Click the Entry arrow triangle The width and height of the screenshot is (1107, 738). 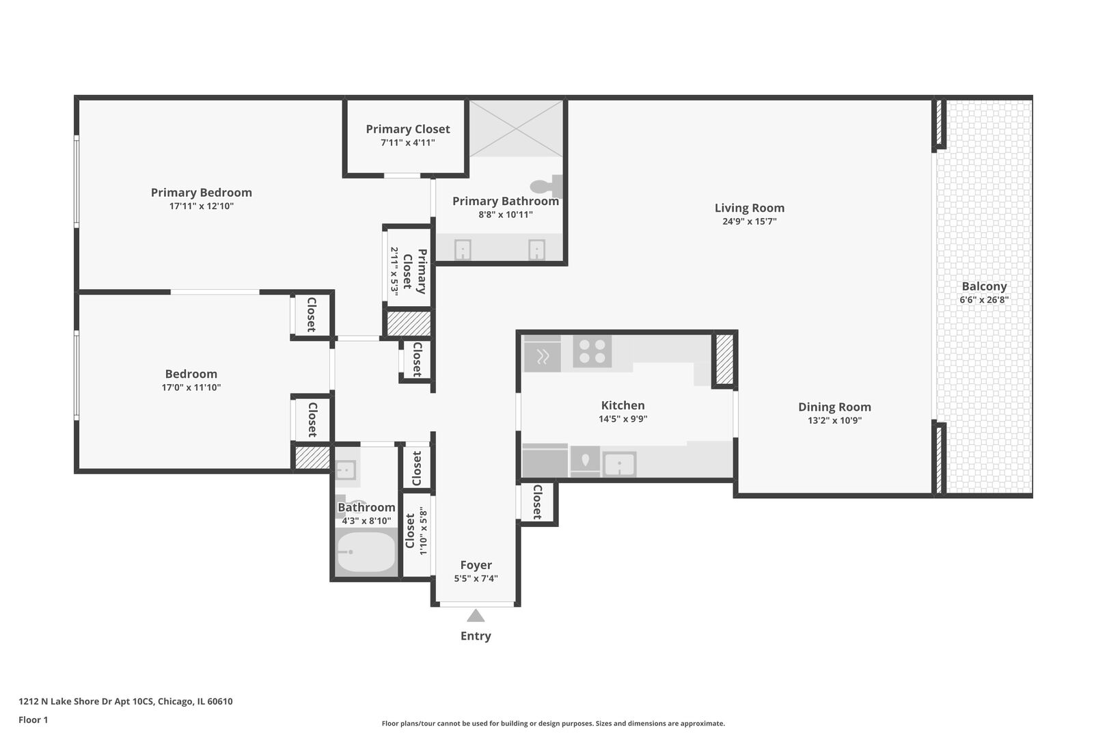click(476, 616)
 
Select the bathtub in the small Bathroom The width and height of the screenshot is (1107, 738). click(366, 552)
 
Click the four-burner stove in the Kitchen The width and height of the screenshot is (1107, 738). click(592, 351)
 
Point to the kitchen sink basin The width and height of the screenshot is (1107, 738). click(619, 465)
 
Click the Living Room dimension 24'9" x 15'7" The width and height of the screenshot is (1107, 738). click(749, 221)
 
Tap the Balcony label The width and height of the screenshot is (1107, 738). click(984, 286)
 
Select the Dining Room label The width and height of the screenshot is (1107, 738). click(834, 407)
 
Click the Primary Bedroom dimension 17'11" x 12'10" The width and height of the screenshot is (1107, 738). click(202, 206)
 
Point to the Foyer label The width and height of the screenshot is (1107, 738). click(476, 565)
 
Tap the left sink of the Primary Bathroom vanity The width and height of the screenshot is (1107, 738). click(463, 249)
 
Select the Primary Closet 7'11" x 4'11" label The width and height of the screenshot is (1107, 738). click(407, 129)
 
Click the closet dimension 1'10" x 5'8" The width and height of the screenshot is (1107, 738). click(424, 531)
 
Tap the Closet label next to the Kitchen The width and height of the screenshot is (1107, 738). click(537, 502)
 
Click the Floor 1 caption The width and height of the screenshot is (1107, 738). click(33, 720)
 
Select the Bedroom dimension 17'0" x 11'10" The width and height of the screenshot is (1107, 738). click(191, 387)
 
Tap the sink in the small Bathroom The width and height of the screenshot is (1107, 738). click(345, 470)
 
